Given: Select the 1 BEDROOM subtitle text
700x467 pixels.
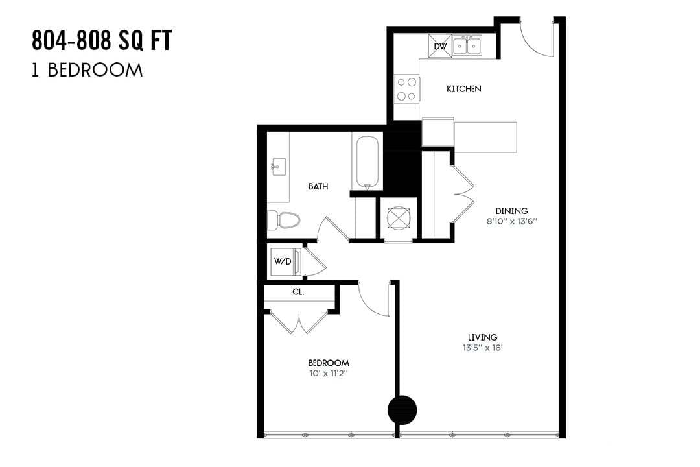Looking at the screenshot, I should coord(87,70).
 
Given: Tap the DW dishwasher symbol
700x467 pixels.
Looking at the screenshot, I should coord(440,46).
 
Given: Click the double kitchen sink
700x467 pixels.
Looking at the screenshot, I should coord(467,46).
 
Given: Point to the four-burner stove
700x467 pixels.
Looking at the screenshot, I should coord(407,89).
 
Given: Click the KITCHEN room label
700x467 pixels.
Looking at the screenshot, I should coord(463,89).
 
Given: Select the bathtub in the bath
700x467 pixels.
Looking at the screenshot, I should coord(367,162).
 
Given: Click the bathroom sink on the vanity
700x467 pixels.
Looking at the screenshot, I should coord(278,166).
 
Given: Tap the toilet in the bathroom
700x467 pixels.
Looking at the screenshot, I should coord(285,220).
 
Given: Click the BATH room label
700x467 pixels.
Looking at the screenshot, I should coord(318,186).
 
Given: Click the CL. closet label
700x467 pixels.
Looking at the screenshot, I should coord(298,293).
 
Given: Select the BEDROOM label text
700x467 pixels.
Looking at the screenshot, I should coord(329,363).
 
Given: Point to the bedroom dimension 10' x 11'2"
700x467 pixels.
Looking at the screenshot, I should coord(329,374).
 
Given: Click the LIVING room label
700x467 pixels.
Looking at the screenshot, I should coord(483,337).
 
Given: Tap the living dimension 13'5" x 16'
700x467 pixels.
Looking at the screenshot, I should coord(483,348).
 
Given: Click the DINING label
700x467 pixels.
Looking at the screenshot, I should coord(511,211).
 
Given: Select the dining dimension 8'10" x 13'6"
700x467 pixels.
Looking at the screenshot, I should coord(511,221).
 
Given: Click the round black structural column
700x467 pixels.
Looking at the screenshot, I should coord(402,409).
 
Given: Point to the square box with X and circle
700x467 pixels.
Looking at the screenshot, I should coord(397,218).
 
